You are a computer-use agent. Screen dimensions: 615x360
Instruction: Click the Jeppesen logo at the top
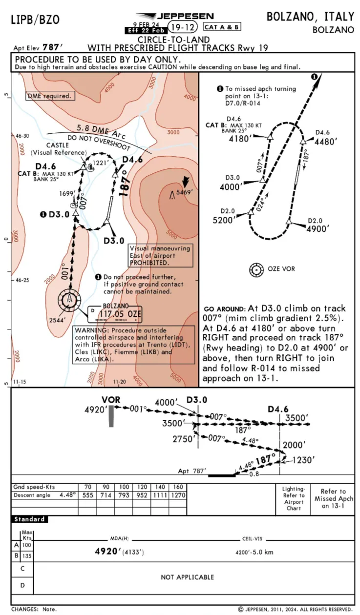click(175, 16)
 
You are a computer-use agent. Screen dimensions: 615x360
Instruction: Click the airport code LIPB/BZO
click(35, 20)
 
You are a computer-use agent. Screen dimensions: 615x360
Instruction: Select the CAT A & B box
click(222, 27)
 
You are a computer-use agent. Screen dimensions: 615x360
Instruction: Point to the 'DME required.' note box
click(49, 96)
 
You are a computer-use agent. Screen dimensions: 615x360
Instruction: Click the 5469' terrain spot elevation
click(185, 192)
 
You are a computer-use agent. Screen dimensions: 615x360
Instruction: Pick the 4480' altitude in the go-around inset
click(327, 142)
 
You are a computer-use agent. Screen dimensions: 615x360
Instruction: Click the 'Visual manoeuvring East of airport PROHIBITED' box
click(159, 255)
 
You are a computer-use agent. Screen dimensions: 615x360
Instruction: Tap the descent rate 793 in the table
click(124, 495)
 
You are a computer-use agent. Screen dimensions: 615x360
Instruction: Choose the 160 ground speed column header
click(178, 487)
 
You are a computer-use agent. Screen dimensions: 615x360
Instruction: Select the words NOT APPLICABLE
click(188, 577)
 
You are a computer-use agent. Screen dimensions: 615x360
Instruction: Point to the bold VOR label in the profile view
click(111, 400)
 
